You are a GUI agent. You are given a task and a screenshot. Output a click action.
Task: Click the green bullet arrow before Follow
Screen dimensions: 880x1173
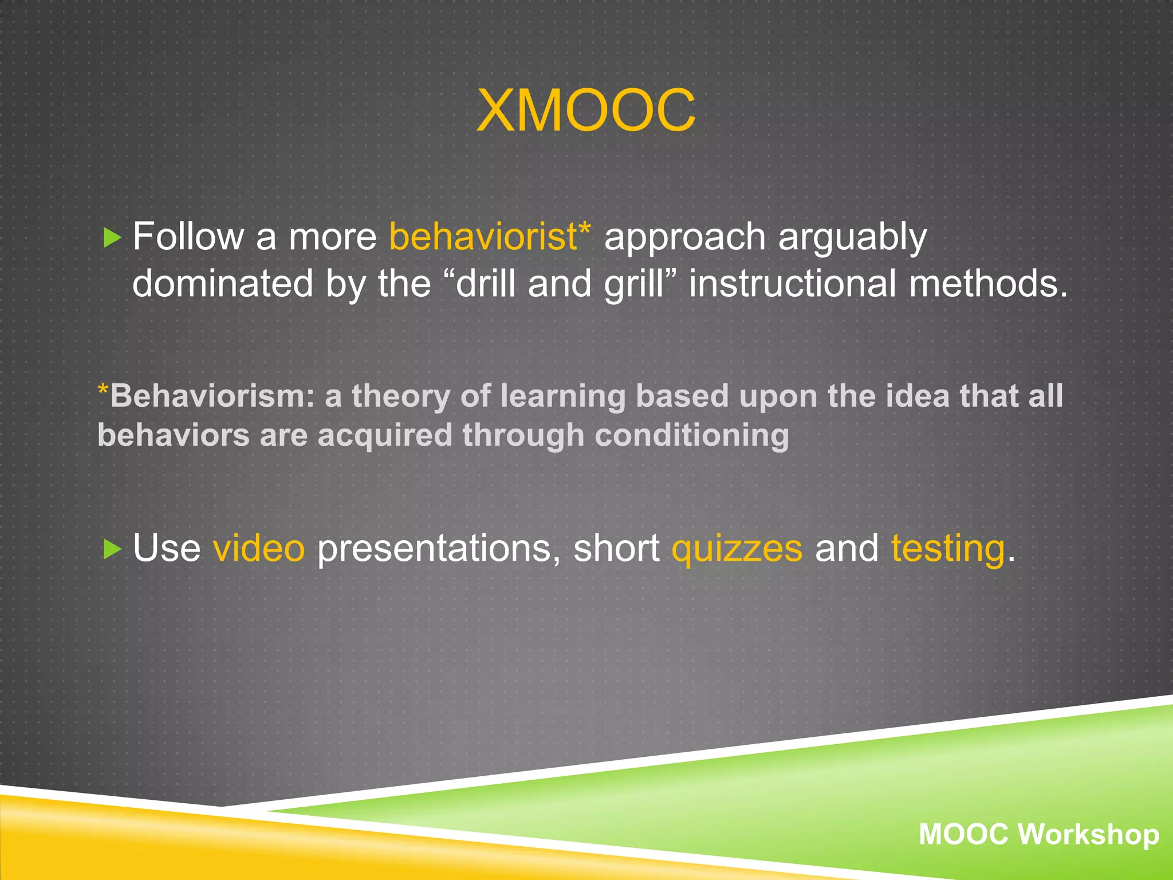pos(112,237)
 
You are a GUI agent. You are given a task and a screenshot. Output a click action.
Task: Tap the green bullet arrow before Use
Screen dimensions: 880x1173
pos(112,549)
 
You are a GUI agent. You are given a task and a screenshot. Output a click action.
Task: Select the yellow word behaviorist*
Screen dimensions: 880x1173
pos(490,236)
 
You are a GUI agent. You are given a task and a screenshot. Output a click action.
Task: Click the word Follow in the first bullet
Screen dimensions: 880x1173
pos(188,236)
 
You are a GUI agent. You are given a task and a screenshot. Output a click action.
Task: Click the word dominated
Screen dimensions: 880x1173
pos(223,284)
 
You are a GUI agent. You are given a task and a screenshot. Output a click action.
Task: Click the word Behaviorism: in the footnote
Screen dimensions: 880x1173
pos(212,396)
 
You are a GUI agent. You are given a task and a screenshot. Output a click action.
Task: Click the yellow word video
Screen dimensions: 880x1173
pos(259,548)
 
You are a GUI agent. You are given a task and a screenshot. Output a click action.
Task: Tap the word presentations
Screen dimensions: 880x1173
pos(438,549)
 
